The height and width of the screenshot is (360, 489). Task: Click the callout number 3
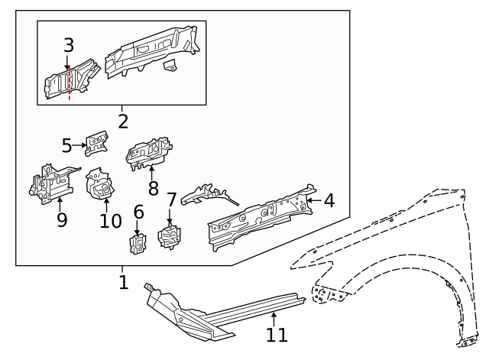pyautogui.click(x=69, y=46)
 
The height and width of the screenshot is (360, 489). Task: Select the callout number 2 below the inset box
pyautogui.click(x=122, y=121)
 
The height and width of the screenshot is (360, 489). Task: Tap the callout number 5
pyautogui.click(x=66, y=144)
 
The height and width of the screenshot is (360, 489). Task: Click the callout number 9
pyautogui.click(x=61, y=220)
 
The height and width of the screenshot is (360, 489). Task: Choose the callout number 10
pyautogui.click(x=110, y=220)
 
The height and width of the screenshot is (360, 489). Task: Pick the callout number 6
pyautogui.click(x=138, y=211)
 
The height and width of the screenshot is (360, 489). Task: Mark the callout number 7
pyautogui.click(x=171, y=200)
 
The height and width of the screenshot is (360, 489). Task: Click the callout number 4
pyautogui.click(x=329, y=201)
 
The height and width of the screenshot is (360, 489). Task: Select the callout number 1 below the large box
pyautogui.click(x=123, y=282)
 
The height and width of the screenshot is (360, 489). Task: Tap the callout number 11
pyautogui.click(x=276, y=334)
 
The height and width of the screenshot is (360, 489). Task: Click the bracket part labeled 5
pyautogui.click(x=96, y=143)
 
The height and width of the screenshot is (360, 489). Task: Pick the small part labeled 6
pyautogui.click(x=138, y=244)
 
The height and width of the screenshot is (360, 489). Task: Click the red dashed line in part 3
pyautogui.click(x=70, y=84)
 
